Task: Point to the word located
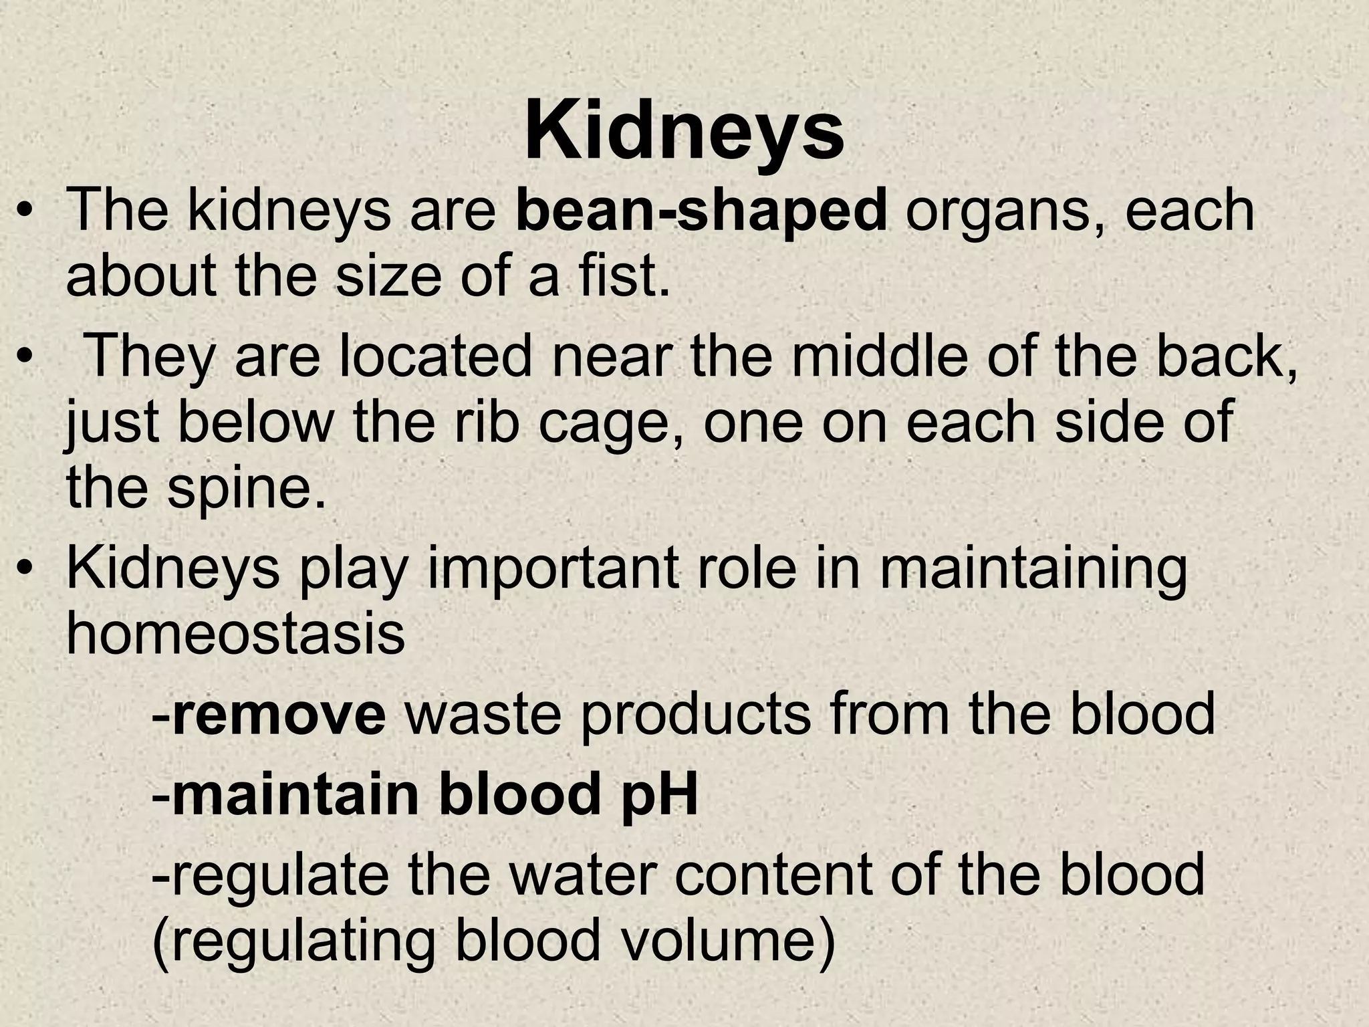pos(438,356)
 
